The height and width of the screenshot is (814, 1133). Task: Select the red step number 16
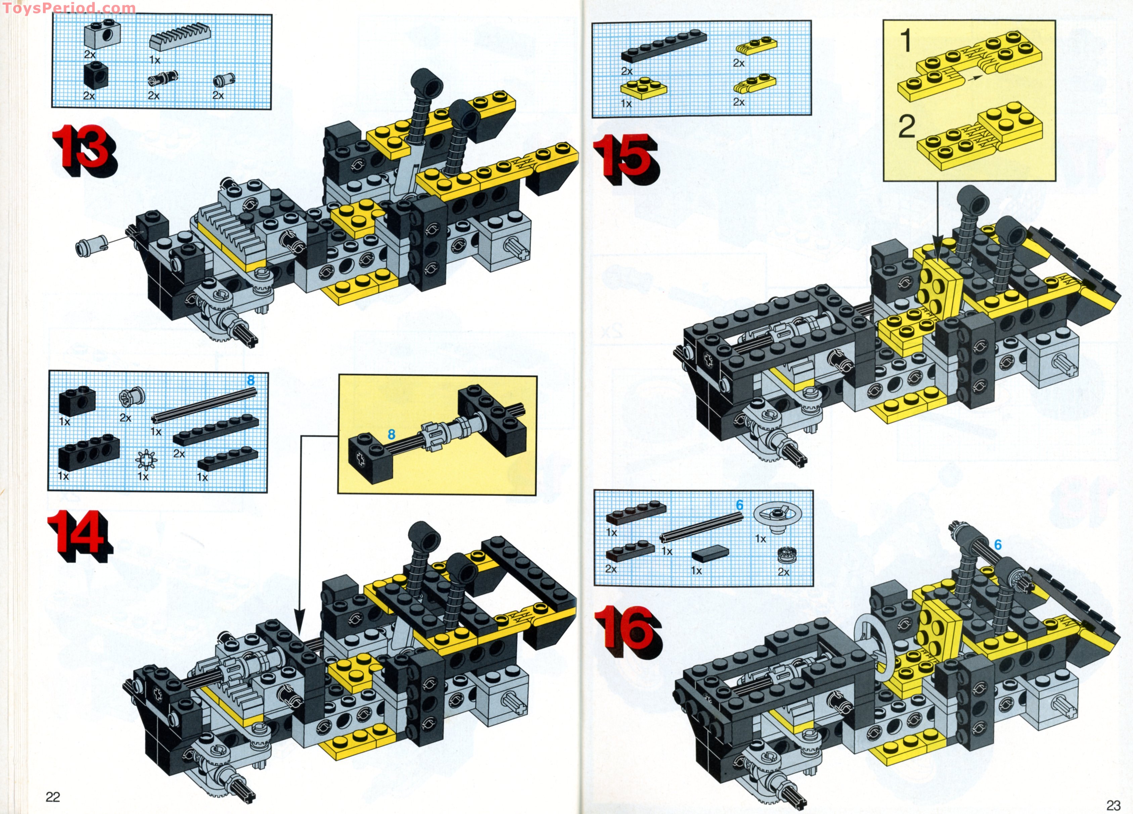point(625,632)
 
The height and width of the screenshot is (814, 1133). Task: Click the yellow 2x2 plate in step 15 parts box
point(643,87)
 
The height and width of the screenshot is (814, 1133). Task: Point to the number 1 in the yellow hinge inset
point(906,41)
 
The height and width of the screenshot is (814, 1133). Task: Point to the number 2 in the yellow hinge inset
point(907,126)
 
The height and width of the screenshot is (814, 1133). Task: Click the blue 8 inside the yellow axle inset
point(391,434)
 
